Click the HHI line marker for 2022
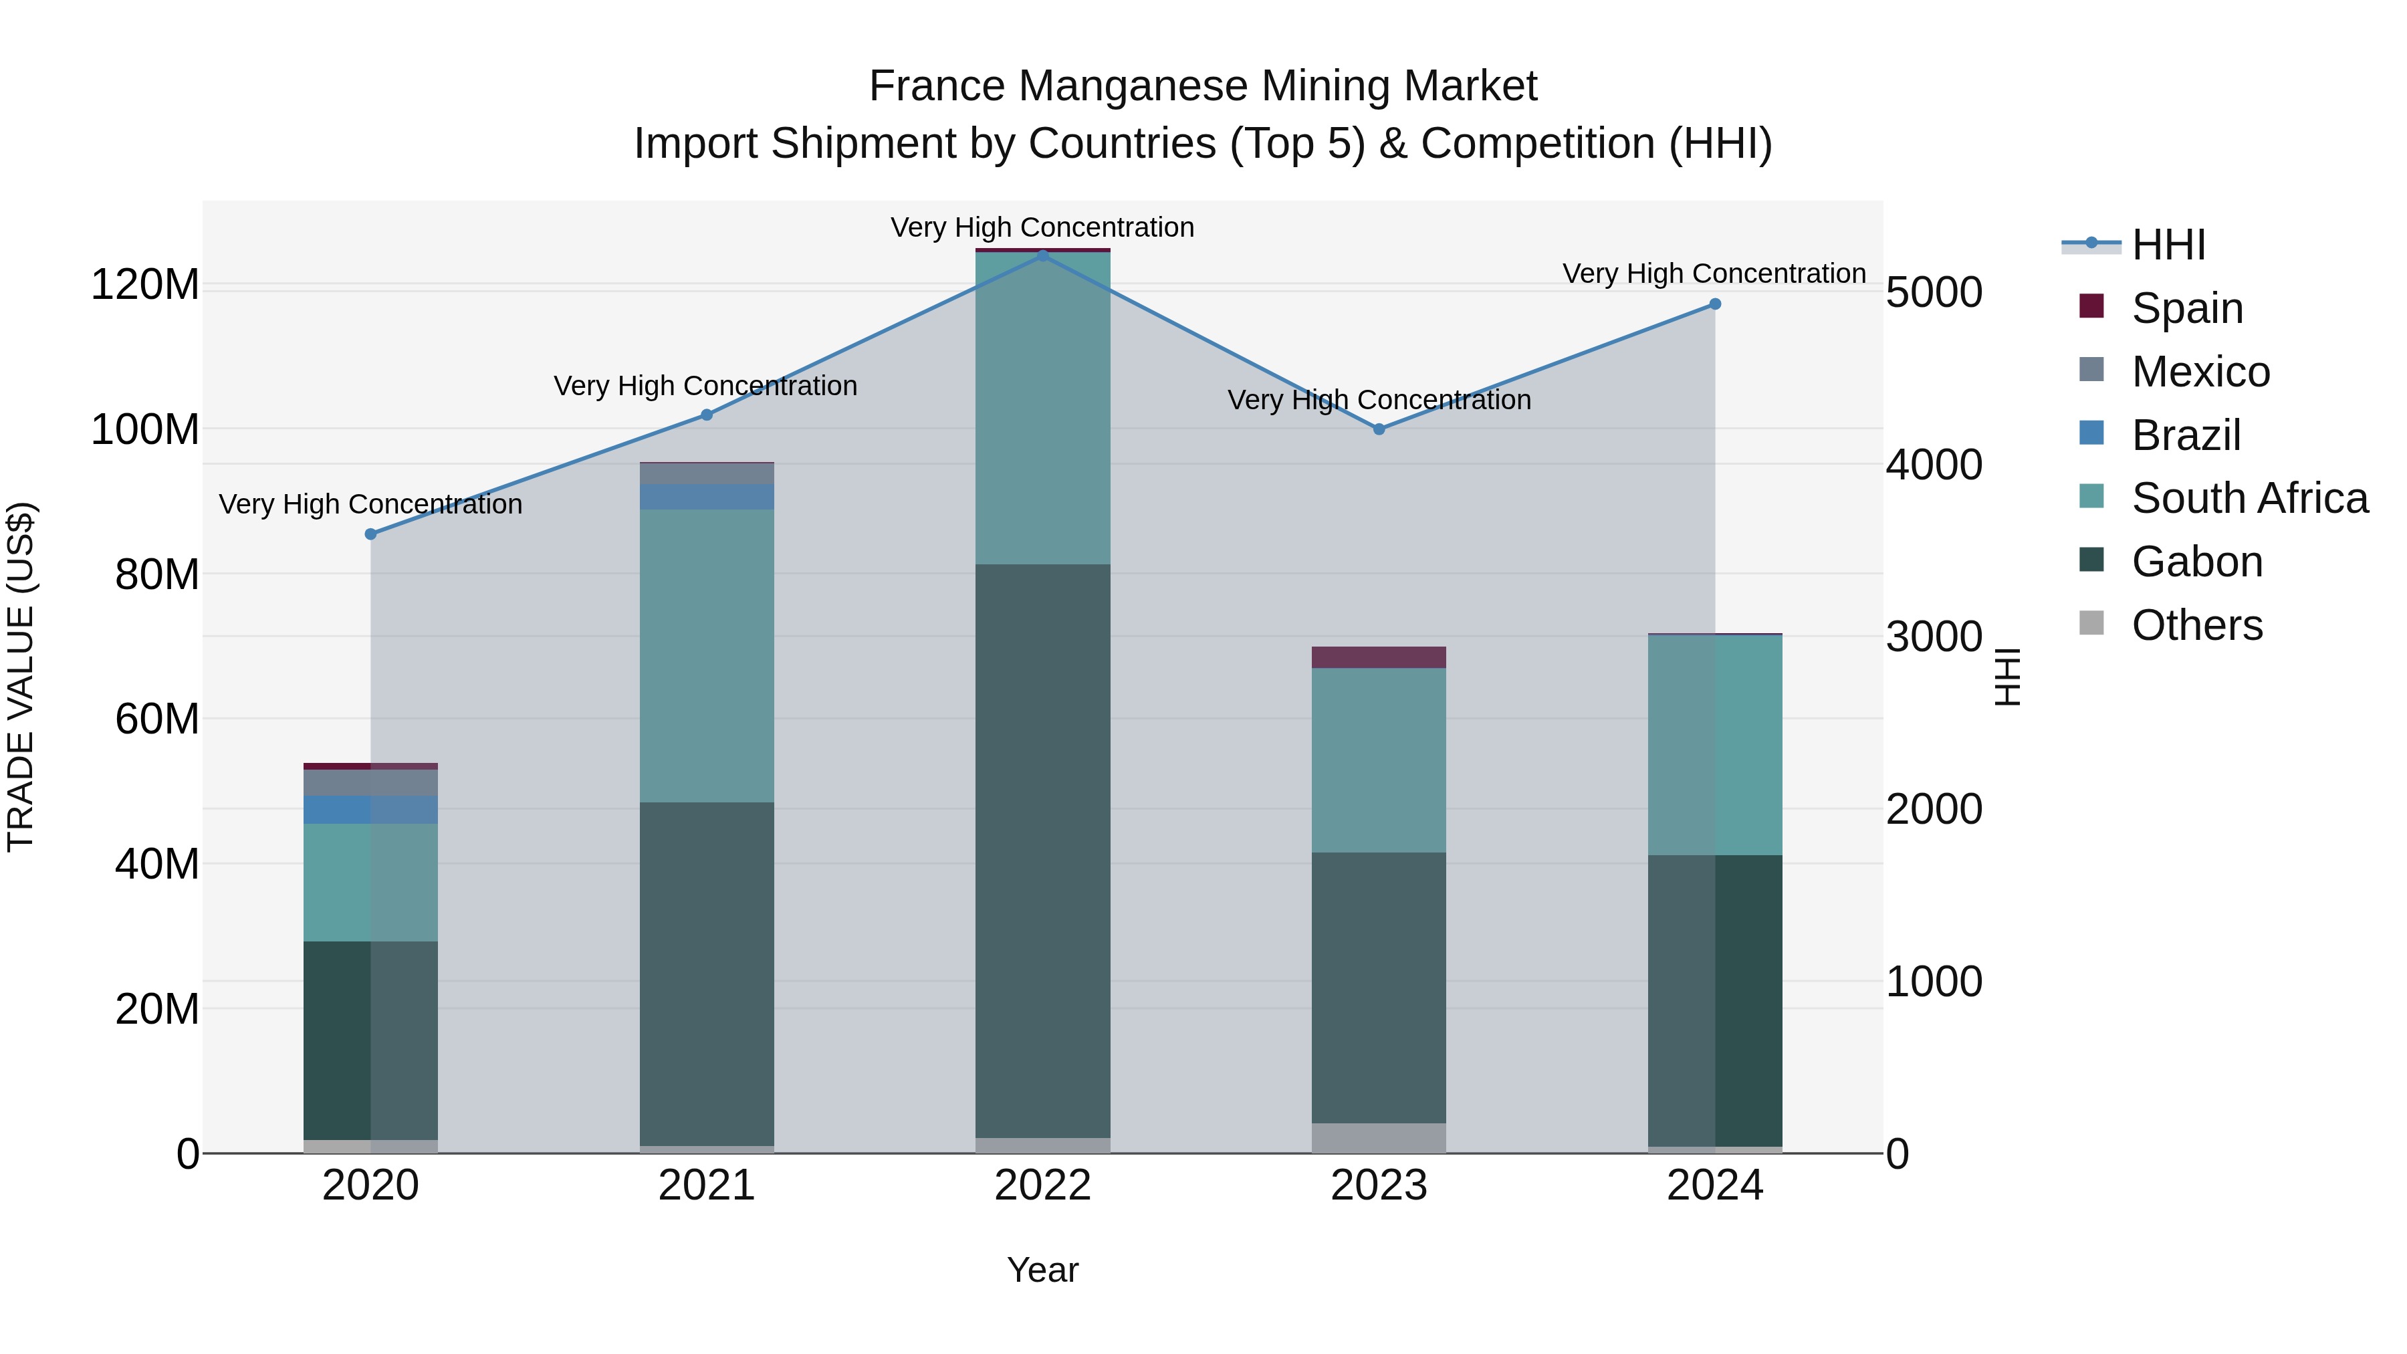(1043, 255)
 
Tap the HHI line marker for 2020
(371, 534)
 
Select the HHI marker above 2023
(1379, 429)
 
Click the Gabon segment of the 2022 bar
(1043, 851)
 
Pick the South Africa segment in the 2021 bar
(707, 654)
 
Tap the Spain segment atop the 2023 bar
(1379, 657)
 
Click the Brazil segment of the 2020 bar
(371, 809)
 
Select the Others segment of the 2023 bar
(1379, 1137)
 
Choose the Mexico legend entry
(2200, 372)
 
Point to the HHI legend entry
(2168, 245)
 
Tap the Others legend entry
(2196, 625)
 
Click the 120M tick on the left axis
(145, 284)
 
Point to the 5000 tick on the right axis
(1933, 292)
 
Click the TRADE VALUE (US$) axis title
(21, 677)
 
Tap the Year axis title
(1043, 1270)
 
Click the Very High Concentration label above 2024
(1714, 273)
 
